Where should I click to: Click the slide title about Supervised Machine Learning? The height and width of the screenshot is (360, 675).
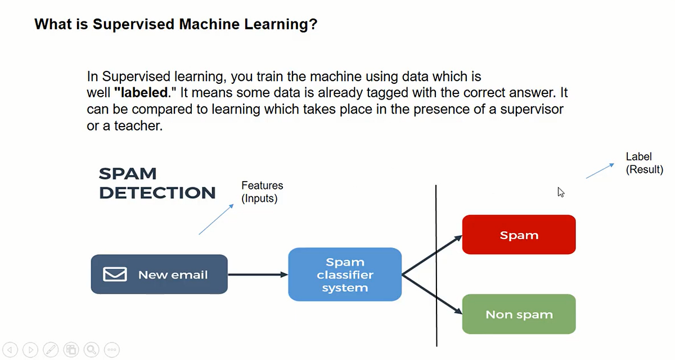point(175,24)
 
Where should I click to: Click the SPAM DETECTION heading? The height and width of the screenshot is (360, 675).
point(157,183)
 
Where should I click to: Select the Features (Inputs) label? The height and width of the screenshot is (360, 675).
point(262,192)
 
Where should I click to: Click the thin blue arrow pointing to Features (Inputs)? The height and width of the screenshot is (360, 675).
point(217,219)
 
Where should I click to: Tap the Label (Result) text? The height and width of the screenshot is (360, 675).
point(644,163)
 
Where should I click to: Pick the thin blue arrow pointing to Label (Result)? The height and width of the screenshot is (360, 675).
point(600,170)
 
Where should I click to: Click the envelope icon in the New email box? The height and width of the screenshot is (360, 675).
point(115,274)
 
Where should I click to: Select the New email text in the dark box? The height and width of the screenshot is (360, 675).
point(173,275)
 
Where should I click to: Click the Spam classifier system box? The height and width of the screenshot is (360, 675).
point(345,274)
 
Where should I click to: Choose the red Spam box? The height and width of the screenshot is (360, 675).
point(519,235)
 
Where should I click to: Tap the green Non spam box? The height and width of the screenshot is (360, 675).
point(519,314)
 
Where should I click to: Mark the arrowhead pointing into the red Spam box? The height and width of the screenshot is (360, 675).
point(457,237)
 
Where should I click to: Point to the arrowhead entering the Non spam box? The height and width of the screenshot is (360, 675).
point(457,313)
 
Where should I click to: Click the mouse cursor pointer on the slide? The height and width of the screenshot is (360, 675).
point(561,192)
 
